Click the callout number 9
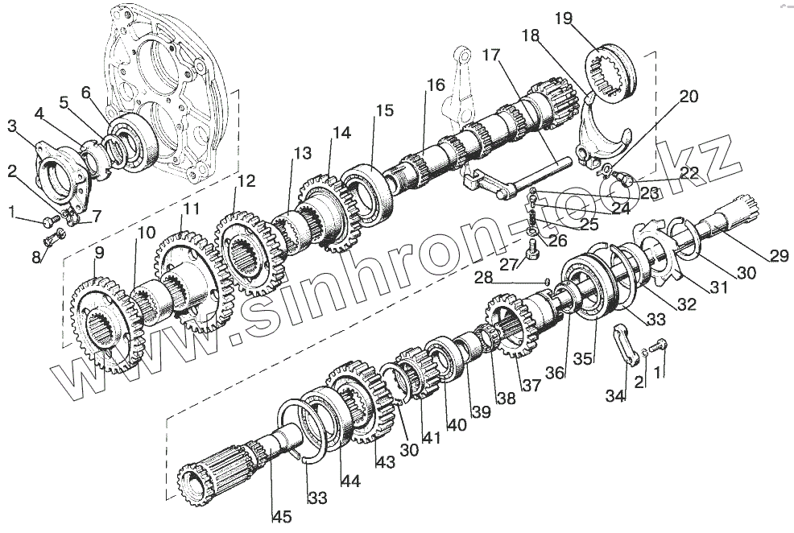pyautogui.click(x=99, y=254)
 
